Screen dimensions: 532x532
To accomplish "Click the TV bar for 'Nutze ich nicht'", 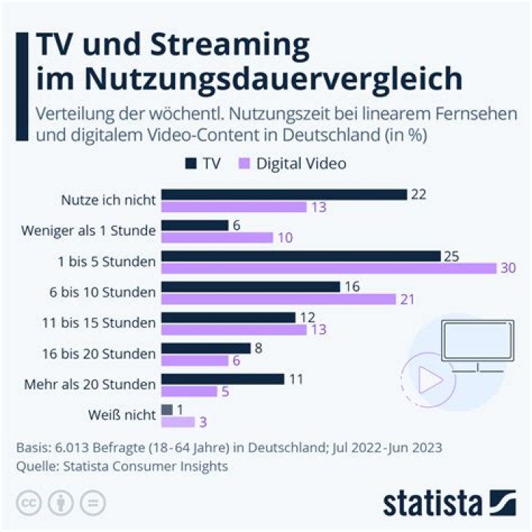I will click(284, 194).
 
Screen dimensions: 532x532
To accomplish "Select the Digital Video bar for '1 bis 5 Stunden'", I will click(329, 268).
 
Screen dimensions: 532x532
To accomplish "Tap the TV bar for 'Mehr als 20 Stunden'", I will click(222, 378).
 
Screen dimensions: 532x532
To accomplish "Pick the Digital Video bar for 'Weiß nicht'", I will click(178, 421).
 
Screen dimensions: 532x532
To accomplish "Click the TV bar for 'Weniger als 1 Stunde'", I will click(195, 225).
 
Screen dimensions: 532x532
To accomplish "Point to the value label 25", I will click(451, 256).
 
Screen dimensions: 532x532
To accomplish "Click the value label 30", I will click(509, 268).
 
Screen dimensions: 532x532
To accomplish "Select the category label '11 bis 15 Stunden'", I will click(109, 323).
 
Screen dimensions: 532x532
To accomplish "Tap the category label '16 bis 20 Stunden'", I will click(109, 354).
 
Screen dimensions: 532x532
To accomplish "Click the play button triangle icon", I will click(430, 381).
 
